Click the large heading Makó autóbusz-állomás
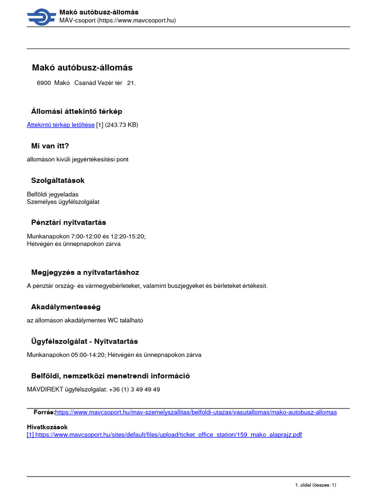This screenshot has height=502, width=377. (x=82, y=68)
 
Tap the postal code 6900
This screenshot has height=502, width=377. (x=44, y=83)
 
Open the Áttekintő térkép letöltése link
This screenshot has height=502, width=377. (x=60, y=125)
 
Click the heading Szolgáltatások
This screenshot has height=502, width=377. (x=58, y=180)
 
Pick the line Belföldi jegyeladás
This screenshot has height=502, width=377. (x=53, y=194)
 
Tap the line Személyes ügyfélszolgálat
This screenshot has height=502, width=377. (x=63, y=201)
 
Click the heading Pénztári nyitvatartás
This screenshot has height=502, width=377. (x=68, y=222)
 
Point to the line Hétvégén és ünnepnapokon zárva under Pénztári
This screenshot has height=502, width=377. (x=74, y=244)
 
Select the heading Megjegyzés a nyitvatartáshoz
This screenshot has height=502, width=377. (x=88, y=272)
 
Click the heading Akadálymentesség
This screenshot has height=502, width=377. (x=66, y=307)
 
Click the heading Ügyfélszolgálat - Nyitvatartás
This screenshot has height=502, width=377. (x=84, y=341)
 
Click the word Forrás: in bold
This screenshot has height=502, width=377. (x=44, y=412)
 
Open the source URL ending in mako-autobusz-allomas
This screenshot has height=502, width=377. (x=196, y=412)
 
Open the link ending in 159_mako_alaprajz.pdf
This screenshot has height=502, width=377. (x=164, y=435)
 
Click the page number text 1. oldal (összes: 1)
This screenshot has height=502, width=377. (x=315, y=484)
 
